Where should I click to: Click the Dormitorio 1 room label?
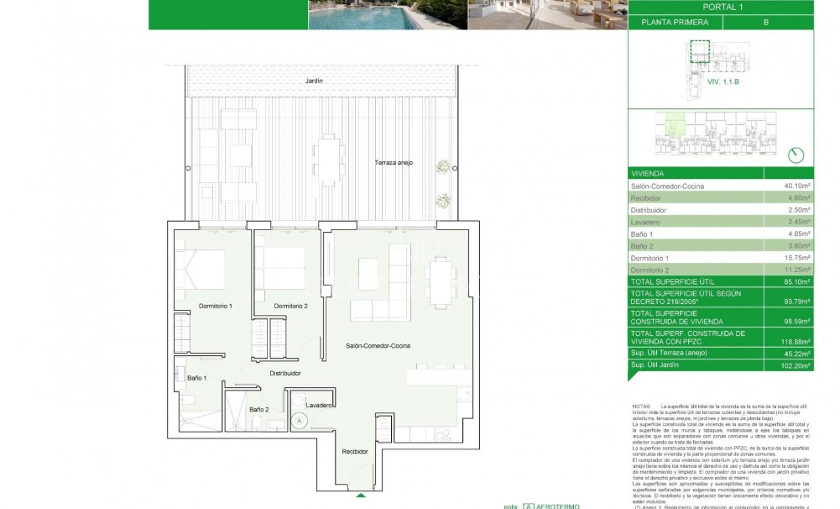214,306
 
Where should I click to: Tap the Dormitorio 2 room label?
290,306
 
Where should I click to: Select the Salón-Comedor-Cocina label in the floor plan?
378,345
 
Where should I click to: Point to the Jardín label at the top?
315,80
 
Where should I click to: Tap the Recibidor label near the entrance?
355,451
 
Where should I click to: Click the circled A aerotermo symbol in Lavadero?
298,420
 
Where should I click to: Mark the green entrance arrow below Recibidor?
361,496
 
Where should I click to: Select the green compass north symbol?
797,155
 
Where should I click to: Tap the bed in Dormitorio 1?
202,268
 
